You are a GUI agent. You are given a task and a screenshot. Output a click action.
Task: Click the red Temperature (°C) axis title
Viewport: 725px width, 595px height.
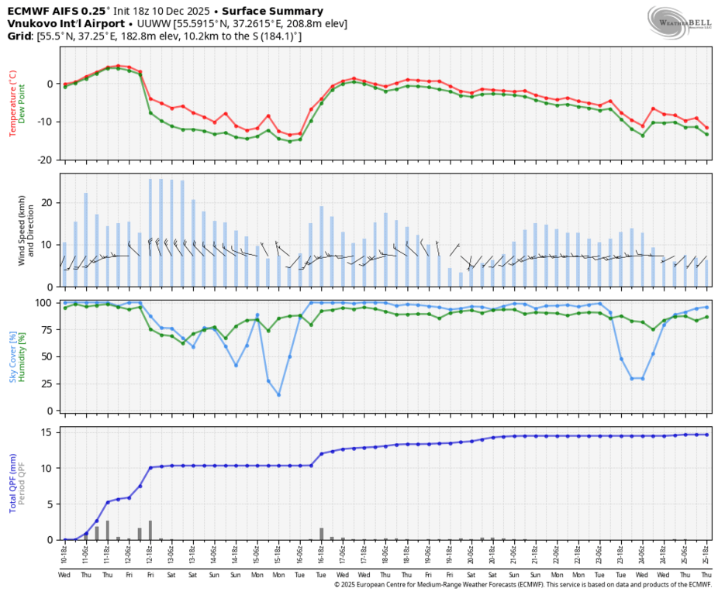[12, 102]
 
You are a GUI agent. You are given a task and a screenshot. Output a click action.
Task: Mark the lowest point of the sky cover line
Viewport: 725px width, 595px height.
[278, 395]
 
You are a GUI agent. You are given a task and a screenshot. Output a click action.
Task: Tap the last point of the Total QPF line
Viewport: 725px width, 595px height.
[706, 435]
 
